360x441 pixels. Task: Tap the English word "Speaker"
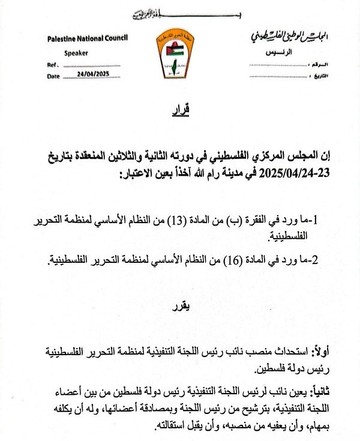[x=76, y=53]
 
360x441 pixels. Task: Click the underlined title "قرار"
[x=180, y=112]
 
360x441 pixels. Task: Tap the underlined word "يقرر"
[x=180, y=308]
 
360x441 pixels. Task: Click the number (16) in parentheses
[x=232, y=262]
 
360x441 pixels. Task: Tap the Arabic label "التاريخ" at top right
[x=325, y=77]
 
